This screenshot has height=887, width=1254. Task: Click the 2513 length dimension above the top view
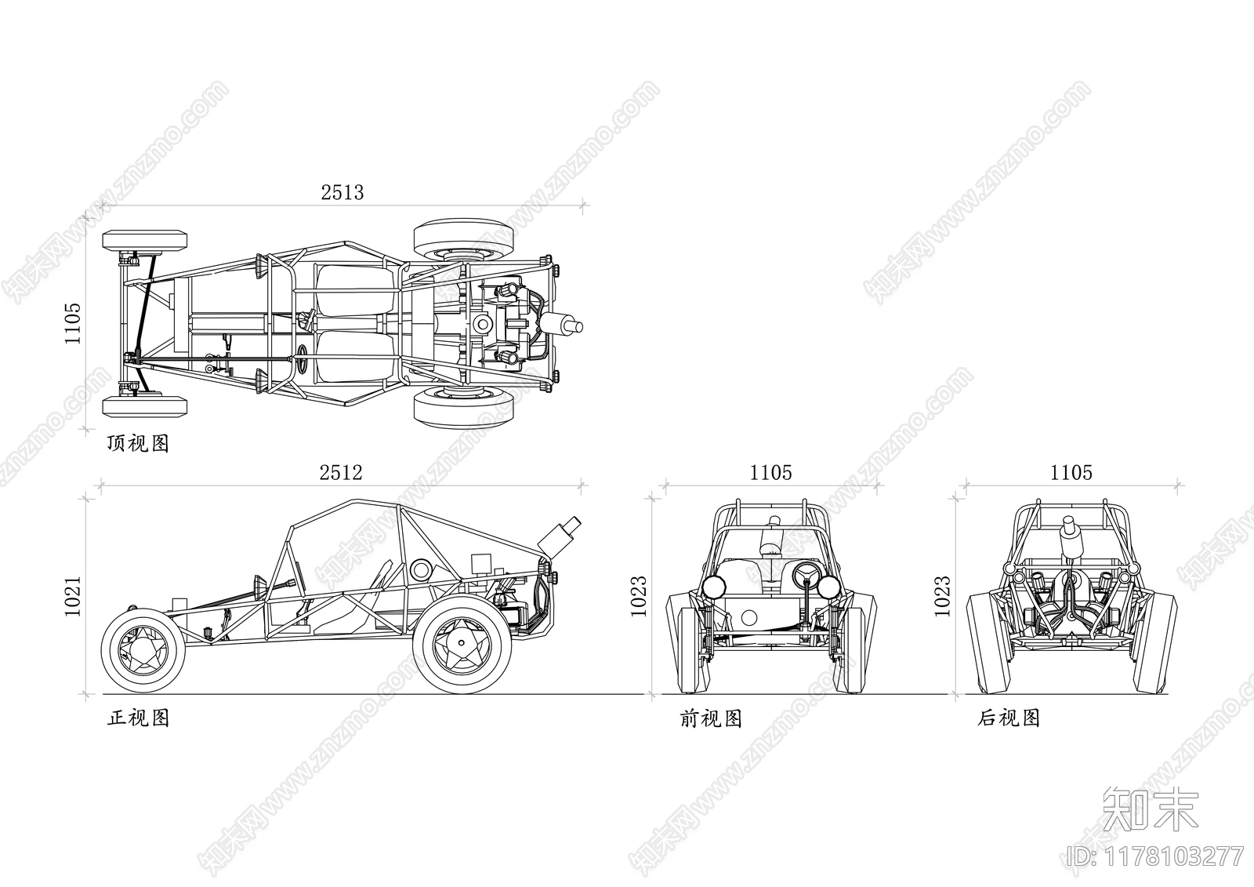click(342, 193)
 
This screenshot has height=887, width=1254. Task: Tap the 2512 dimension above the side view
click(341, 473)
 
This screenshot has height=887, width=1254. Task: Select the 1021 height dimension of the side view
click(74, 597)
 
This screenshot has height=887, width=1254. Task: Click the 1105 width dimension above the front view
click(771, 473)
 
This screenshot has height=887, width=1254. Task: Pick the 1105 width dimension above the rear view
click(1071, 473)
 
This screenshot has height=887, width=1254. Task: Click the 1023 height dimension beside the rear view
click(943, 596)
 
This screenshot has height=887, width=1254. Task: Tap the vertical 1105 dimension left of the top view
click(74, 324)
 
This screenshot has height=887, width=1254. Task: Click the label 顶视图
click(138, 444)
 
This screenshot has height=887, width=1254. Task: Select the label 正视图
click(138, 718)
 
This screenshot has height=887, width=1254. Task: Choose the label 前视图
click(711, 718)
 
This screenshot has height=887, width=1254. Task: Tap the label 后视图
click(1009, 718)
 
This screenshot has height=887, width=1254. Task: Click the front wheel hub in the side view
click(143, 650)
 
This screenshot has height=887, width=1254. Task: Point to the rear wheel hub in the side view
click(462, 642)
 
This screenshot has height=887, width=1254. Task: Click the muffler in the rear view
click(1071, 536)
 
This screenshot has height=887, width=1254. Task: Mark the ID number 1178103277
click(1155, 856)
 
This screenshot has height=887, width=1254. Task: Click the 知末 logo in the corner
click(1151, 809)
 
